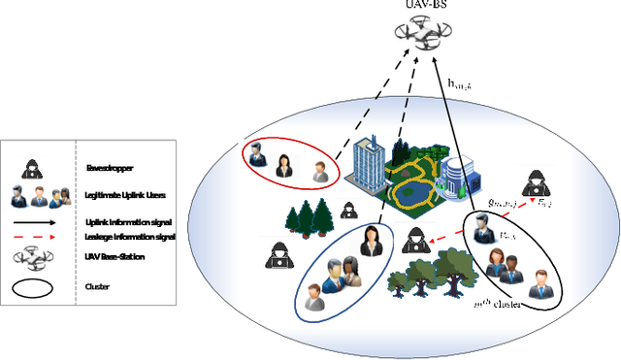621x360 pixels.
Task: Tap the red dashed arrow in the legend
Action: point(41,237)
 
